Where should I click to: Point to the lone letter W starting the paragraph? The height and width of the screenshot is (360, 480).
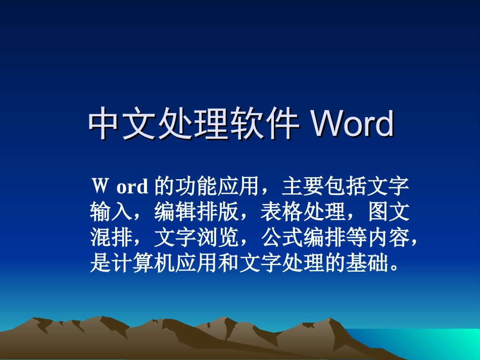99,186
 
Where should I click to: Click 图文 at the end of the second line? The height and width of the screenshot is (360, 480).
387,213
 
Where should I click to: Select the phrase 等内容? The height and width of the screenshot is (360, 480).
376,238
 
